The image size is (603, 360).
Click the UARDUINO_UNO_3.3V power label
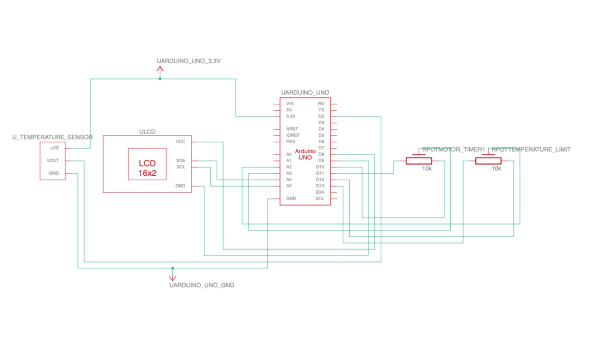click(x=188, y=61)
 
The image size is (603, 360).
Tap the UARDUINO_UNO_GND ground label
click(x=202, y=285)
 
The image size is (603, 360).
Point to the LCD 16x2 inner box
click(x=147, y=164)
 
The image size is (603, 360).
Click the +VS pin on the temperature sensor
click(x=54, y=148)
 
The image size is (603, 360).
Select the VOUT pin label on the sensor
click(x=53, y=160)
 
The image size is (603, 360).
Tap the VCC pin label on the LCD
click(x=181, y=142)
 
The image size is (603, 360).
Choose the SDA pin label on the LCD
click(x=181, y=160)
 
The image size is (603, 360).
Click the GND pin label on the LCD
click(x=180, y=186)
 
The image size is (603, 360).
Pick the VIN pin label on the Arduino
click(x=290, y=104)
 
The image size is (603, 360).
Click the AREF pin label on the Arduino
click(x=292, y=129)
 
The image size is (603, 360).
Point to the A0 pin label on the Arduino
click(x=289, y=154)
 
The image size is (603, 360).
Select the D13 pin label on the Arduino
click(x=320, y=186)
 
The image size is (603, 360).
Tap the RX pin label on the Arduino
click(x=321, y=104)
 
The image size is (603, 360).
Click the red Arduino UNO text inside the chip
click(x=305, y=154)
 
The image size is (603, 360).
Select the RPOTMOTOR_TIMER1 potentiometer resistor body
click(x=419, y=161)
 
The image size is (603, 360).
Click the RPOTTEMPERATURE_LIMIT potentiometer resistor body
click(x=488, y=161)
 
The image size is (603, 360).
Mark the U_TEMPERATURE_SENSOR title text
click(x=52, y=137)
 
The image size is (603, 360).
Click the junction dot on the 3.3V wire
click(x=160, y=79)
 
